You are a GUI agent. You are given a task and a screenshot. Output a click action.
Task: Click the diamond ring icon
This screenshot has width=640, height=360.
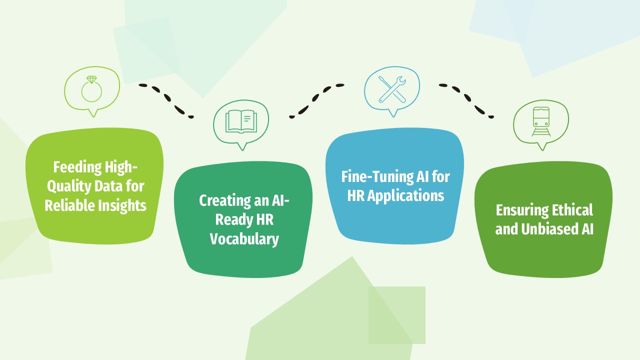pos(91,91)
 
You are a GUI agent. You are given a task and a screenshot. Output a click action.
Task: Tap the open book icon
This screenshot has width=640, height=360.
pos(241,121)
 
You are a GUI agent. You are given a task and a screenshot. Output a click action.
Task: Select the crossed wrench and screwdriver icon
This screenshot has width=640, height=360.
pos(392,89)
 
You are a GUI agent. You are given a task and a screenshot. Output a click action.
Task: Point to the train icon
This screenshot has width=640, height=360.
pos(541,121)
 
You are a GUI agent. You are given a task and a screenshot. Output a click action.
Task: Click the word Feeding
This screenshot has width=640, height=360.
pos(77,167)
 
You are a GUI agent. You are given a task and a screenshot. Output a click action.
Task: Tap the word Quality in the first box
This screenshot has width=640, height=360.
pos(69,186)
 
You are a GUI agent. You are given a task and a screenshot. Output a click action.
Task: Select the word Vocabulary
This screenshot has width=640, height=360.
pos(244,239)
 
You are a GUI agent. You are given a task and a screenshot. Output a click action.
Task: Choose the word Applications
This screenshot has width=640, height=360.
pos(405,195)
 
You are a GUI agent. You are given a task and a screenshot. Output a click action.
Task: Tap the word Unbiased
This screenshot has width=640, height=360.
pos(549,229)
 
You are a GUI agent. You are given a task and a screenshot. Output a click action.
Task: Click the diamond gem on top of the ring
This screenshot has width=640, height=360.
pos(91,79)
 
